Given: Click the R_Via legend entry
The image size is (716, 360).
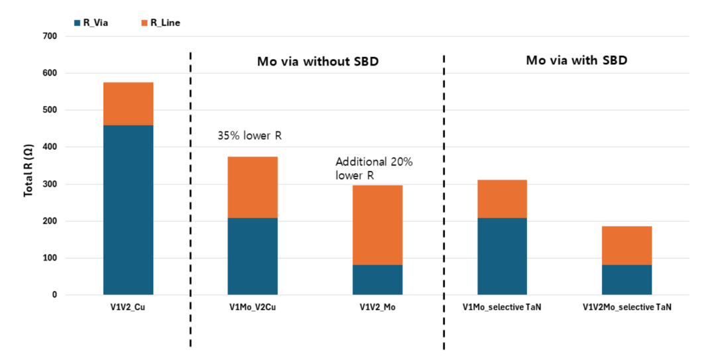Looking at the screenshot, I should (x=91, y=23).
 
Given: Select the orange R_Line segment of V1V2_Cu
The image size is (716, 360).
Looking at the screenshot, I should (x=128, y=103).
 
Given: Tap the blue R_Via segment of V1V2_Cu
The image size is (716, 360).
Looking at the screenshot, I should (x=128, y=210).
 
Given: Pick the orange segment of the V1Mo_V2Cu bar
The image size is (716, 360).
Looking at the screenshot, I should (x=253, y=187).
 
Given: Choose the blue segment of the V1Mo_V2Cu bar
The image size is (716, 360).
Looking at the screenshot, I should (x=253, y=256).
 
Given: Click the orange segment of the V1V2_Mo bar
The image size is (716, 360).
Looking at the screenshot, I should (x=377, y=225).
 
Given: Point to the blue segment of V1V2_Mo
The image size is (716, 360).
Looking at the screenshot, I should (x=377, y=280).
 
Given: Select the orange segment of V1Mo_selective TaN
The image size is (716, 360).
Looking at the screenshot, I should (x=502, y=199).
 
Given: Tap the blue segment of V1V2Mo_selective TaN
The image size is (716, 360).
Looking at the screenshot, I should (x=626, y=280).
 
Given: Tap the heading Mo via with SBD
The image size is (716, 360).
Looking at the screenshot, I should (x=577, y=60).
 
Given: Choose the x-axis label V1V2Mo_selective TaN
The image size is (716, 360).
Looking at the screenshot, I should (x=626, y=308).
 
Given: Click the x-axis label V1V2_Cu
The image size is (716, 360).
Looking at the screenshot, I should (x=128, y=308).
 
